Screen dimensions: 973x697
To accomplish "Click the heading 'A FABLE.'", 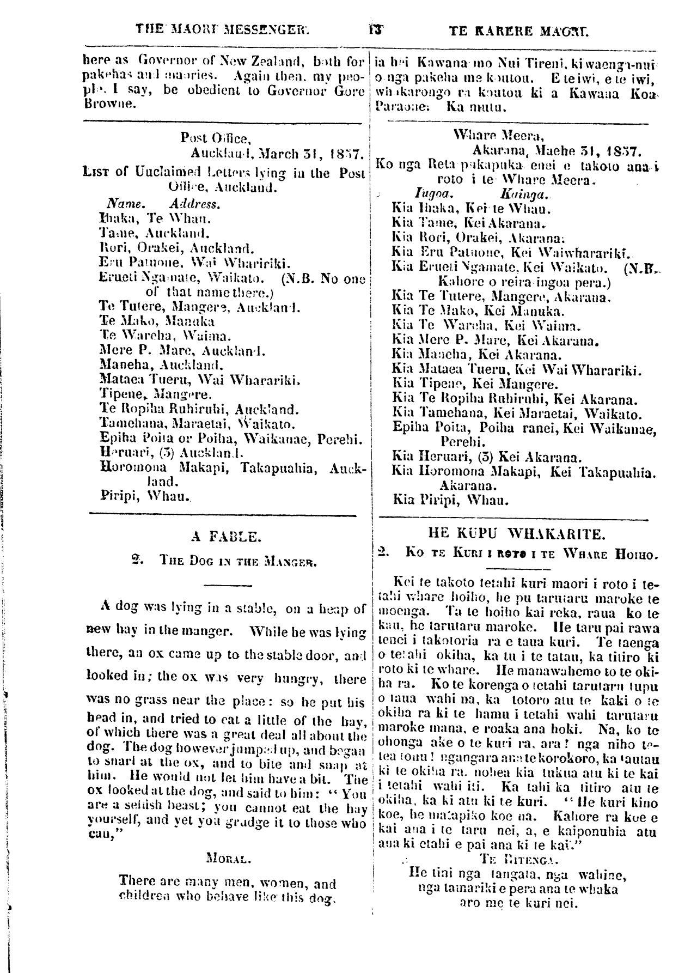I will tap(227, 537).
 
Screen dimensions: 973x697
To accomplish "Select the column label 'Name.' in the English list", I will tap(126, 204).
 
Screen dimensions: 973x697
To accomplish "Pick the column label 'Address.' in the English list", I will tap(194, 204).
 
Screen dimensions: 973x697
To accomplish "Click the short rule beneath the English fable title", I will tap(227, 585).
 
